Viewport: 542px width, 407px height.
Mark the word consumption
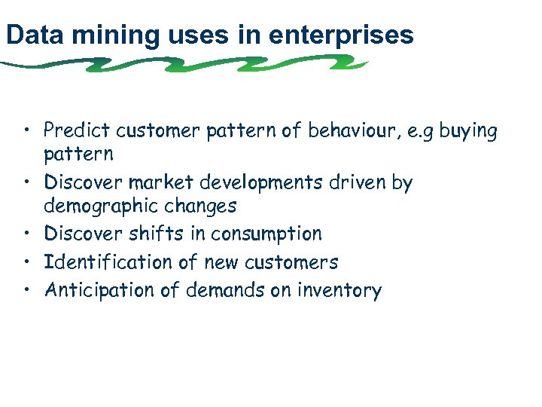click(266, 234)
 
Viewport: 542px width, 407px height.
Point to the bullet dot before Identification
click(29, 262)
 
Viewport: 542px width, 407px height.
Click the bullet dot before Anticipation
click(29, 290)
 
